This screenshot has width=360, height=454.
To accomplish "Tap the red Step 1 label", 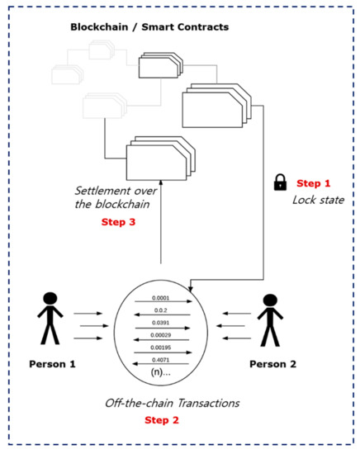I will click(x=312, y=183).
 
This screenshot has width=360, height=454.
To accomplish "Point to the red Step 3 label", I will click(x=119, y=222).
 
